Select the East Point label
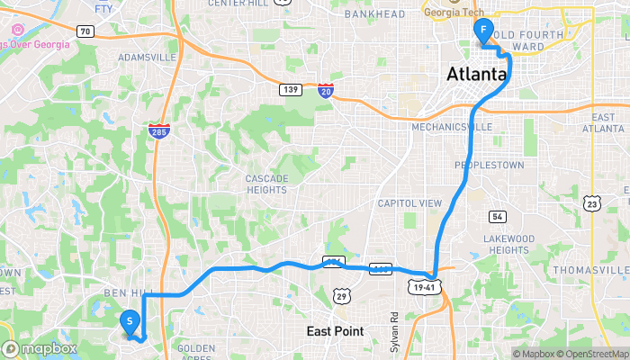click(x=335, y=331)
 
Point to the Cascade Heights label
click(x=267, y=184)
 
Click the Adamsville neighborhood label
click(x=147, y=57)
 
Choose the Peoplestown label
click(x=488, y=165)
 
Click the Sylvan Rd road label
click(x=394, y=328)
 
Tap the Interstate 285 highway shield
click(x=157, y=131)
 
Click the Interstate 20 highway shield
click(x=326, y=90)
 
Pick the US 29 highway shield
click(x=340, y=295)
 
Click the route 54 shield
click(x=498, y=217)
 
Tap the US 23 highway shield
click(x=591, y=204)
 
